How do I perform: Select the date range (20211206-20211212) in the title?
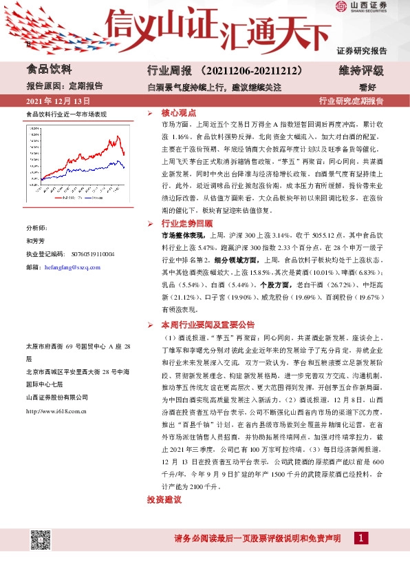[x=234, y=71]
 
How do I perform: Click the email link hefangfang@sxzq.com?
[x=72, y=267]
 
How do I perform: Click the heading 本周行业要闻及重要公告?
[x=208, y=324]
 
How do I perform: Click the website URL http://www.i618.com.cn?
[x=55, y=411]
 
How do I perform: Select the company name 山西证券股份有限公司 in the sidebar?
[x=56, y=397]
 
